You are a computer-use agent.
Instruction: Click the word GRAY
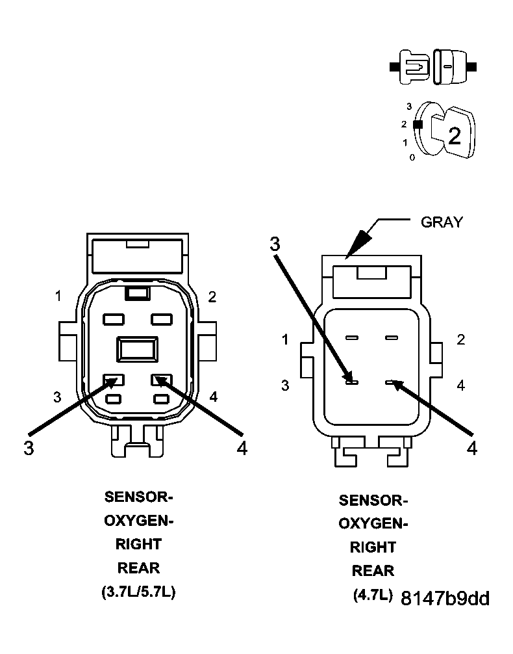click(x=442, y=222)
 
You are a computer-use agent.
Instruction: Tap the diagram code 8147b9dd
click(x=445, y=598)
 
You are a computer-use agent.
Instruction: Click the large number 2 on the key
click(x=455, y=136)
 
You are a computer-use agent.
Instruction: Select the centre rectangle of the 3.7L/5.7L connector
click(x=137, y=348)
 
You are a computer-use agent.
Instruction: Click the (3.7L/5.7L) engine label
click(x=138, y=592)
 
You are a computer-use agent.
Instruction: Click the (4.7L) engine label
click(x=373, y=595)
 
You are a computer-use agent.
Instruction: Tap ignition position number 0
click(x=412, y=158)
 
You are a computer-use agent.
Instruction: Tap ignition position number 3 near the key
click(x=409, y=107)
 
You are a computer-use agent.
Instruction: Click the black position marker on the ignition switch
click(x=418, y=124)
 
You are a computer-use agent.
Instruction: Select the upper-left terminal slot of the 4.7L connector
click(x=352, y=337)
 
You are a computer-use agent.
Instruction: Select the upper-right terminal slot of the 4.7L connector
click(x=392, y=337)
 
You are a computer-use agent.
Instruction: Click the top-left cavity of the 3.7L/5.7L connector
click(x=114, y=319)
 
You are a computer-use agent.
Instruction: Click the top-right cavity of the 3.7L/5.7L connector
click(x=162, y=319)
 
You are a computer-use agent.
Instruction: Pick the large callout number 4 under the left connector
click(x=242, y=448)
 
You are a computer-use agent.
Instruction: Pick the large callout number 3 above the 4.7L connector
click(x=275, y=244)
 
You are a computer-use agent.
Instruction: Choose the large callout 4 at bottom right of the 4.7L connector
click(x=471, y=448)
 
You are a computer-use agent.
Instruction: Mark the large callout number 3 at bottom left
click(x=29, y=448)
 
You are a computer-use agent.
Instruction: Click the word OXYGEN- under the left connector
click(x=139, y=521)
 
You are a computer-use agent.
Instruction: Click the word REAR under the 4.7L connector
click(x=373, y=571)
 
